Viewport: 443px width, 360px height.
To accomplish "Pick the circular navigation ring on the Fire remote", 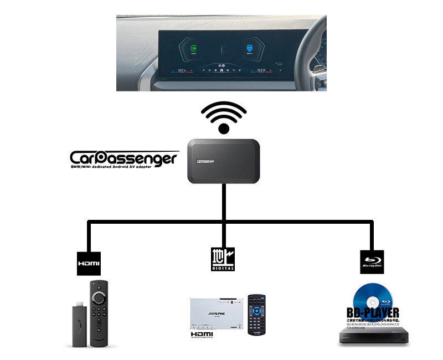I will [x=99, y=297].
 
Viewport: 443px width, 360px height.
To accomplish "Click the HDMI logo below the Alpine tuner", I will [x=202, y=336].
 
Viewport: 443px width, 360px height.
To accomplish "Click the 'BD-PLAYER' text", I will [x=373, y=313].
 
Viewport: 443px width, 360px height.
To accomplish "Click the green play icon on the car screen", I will [x=193, y=48].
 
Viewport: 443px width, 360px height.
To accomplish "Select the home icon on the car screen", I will [x=221, y=71].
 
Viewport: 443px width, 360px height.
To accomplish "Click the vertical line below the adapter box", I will [x=224, y=202].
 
